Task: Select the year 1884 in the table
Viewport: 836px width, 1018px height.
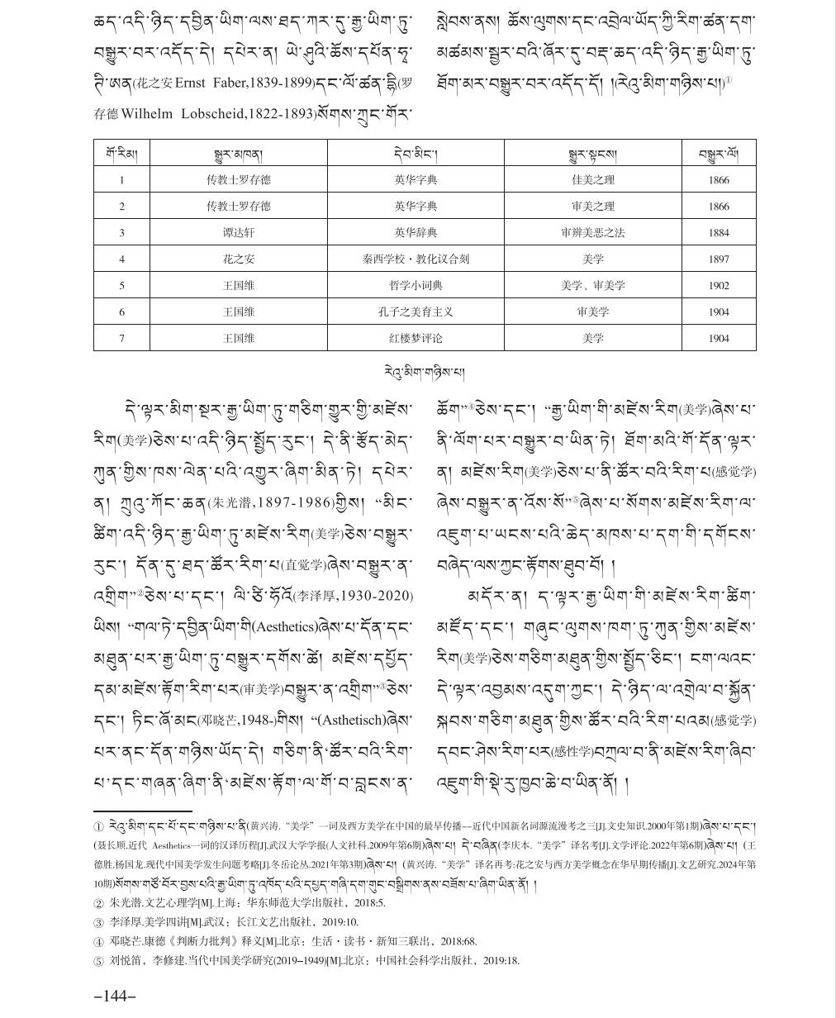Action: tap(718, 233)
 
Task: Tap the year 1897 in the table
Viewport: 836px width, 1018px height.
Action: tap(718, 259)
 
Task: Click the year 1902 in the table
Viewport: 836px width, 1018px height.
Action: tap(718, 286)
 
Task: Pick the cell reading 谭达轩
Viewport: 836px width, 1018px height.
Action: tap(238, 233)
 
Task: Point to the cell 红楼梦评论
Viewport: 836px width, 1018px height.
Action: tap(416, 339)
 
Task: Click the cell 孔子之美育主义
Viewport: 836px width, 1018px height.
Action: tap(416, 312)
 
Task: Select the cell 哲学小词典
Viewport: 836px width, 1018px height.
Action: tap(416, 286)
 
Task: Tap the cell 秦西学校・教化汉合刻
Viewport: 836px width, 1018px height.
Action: tap(416, 259)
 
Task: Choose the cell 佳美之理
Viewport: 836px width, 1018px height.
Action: tap(592, 180)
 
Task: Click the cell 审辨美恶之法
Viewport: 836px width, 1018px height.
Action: tap(592, 233)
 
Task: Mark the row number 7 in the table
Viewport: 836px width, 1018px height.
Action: tap(121, 339)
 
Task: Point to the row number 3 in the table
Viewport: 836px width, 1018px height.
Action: tap(121, 233)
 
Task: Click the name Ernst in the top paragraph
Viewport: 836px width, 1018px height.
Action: tap(192, 84)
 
